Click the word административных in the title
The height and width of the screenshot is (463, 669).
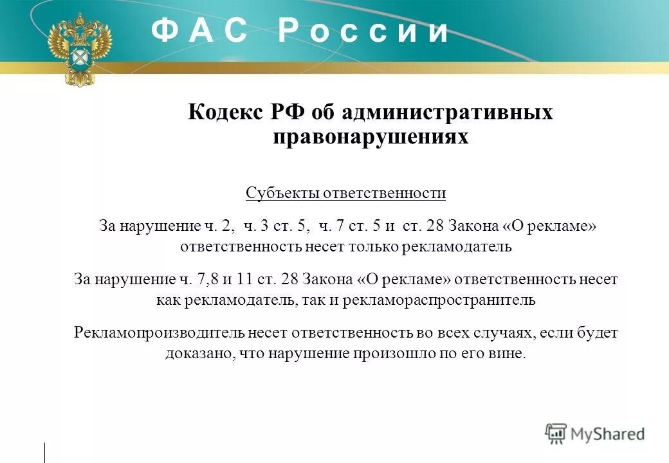click(447, 113)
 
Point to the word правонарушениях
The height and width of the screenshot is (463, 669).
click(371, 136)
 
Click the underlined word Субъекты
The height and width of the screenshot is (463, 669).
click(282, 193)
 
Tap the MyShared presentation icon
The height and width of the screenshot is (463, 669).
click(556, 433)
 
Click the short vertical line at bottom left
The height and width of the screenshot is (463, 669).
click(45, 452)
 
